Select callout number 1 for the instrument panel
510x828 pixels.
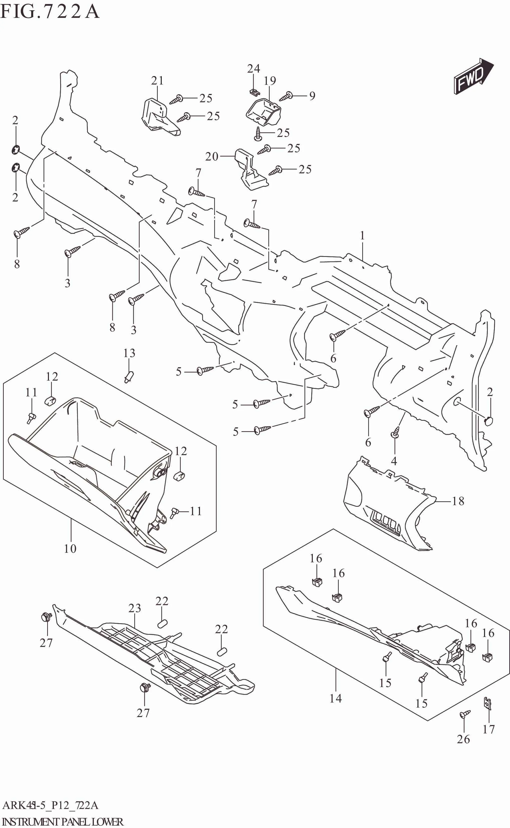[362, 236]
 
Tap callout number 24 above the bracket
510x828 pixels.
[253, 69]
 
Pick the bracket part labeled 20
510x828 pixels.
[250, 170]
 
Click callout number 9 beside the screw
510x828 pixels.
[312, 96]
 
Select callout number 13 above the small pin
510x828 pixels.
[129, 353]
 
